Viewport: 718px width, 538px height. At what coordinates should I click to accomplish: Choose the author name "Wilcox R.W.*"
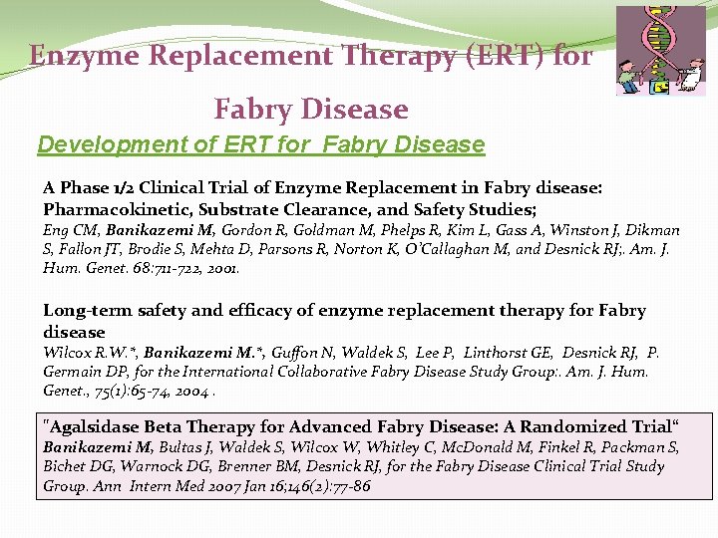[90, 353]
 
